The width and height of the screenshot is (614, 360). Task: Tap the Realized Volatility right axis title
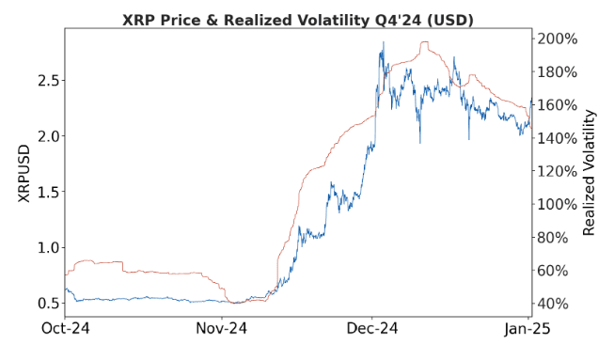pyautogui.click(x=590, y=172)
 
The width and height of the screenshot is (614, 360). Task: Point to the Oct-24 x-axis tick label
pyautogui.click(x=65, y=329)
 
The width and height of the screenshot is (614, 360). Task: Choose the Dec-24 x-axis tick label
pyautogui.click(x=372, y=329)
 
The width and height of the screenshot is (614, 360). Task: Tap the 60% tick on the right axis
pyautogui.click(x=556, y=271)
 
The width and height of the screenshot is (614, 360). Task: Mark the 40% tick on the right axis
pyautogui.click(x=556, y=304)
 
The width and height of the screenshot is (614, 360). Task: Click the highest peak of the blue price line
pyautogui.click(x=382, y=43)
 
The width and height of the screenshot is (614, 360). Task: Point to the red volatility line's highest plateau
pyautogui.click(x=429, y=42)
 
